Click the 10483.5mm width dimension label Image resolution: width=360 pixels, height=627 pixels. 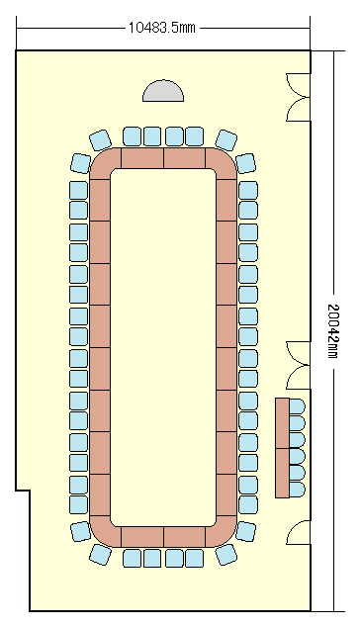[161, 28]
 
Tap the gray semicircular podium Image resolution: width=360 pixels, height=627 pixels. [163, 91]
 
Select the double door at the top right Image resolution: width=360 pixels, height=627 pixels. [298, 97]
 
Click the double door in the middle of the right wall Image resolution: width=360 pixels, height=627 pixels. [298, 365]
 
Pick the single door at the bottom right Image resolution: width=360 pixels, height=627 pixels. [299, 532]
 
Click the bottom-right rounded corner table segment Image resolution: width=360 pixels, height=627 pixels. [223, 532]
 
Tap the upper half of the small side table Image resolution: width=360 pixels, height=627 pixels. [283, 423]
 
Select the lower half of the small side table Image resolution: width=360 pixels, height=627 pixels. [283, 473]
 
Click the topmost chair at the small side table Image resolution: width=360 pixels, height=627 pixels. [297, 406]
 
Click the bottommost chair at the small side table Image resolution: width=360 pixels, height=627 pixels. [297, 490]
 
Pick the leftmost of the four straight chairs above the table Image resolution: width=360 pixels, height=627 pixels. [132, 136]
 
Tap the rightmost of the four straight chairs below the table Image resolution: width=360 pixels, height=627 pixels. [195, 558]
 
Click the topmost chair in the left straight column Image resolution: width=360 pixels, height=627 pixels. [78, 190]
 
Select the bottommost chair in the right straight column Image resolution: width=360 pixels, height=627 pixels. [248, 505]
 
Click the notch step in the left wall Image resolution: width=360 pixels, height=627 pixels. [23, 491]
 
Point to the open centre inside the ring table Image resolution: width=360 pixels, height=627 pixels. [163, 347]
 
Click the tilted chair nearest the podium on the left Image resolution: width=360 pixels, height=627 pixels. [100, 140]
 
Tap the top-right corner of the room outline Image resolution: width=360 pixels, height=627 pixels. [311, 50]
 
